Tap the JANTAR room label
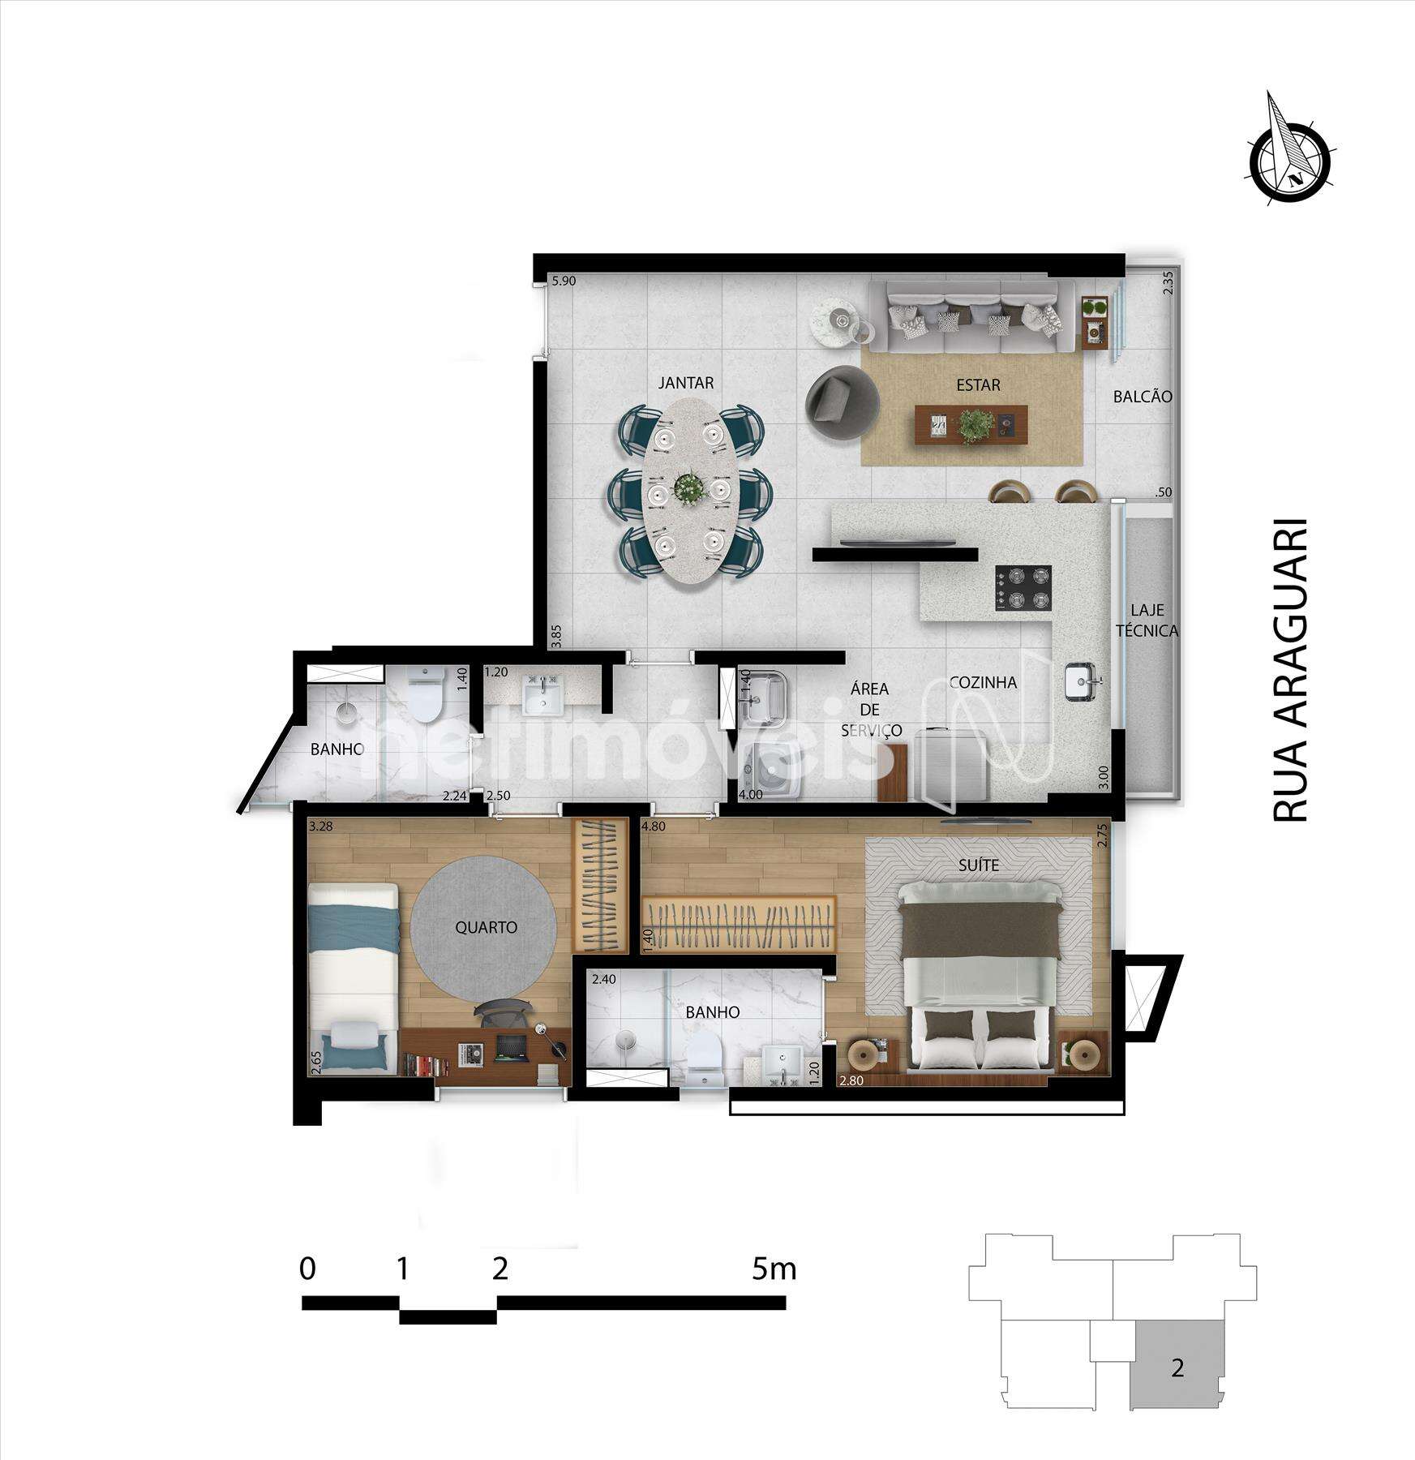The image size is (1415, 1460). point(686,383)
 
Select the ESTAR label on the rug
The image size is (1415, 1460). point(978,384)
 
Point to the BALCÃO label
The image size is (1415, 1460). point(1143,397)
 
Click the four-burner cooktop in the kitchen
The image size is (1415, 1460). point(1023,588)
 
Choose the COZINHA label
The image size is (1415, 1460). point(983,682)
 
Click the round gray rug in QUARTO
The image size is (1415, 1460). point(485,927)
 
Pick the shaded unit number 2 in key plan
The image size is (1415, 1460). point(1177,1368)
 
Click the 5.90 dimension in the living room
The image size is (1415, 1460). point(563,281)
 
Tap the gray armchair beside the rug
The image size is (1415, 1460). point(843,401)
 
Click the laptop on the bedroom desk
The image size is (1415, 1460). point(510,1048)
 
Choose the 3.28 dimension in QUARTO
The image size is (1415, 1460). point(320,827)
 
